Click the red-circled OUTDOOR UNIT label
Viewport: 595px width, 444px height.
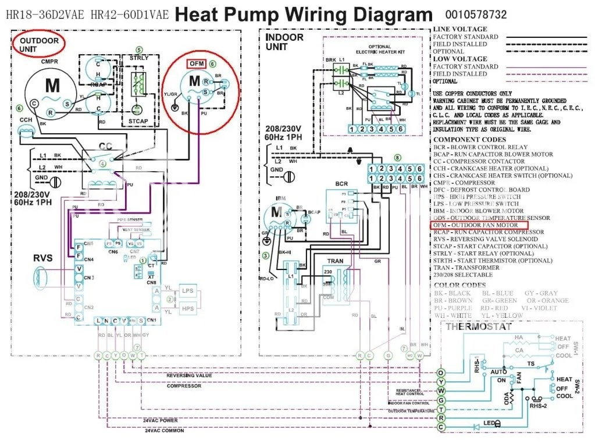coord(40,45)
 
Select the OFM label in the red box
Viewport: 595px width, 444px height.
coord(195,63)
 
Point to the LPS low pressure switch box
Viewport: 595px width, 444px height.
coord(187,290)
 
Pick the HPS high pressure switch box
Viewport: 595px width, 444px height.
coord(187,308)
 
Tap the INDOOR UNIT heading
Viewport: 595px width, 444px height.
coord(284,41)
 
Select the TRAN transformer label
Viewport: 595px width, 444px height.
coord(336,261)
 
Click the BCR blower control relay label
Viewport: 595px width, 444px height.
coord(341,184)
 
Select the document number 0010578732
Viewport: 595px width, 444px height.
coord(476,15)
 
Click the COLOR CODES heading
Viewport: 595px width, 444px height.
coord(460,285)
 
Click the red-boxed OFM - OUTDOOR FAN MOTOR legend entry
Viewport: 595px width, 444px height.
coord(479,225)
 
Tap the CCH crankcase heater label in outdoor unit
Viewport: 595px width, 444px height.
coord(26,119)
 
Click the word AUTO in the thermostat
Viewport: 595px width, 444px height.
coord(498,371)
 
